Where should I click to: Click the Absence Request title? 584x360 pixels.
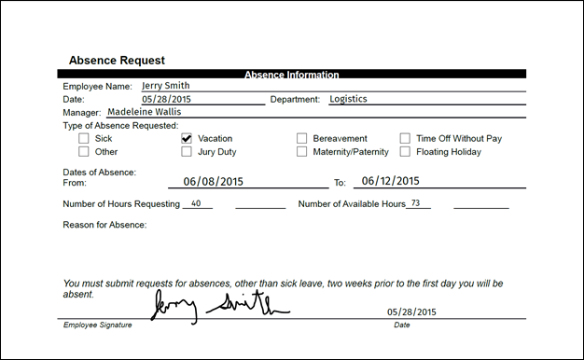pyautogui.click(x=117, y=60)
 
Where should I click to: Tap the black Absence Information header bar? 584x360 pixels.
pyautogui.click(x=291, y=74)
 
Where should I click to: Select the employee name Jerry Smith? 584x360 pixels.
pyautogui.click(x=165, y=86)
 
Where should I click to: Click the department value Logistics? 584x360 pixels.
pyautogui.click(x=347, y=98)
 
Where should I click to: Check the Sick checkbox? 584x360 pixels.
pyautogui.click(x=84, y=138)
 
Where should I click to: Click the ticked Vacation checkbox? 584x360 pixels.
pyautogui.click(x=187, y=138)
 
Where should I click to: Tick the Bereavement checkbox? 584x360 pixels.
pyautogui.click(x=301, y=138)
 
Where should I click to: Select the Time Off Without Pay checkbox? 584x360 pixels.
pyautogui.click(x=405, y=138)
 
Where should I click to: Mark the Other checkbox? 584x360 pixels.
pyautogui.click(x=84, y=151)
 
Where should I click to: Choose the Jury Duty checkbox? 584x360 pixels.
pyautogui.click(x=187, y=151)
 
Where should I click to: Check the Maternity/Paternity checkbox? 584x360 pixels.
pyautogui.click(x=301, y=151)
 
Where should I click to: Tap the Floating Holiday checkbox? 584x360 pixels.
pyautogui.click(x=405, y=151)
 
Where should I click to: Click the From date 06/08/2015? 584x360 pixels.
pyautogui.click(x=215, y=182)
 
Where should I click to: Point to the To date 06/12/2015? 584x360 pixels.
pyautogui.click(x=391, y=182)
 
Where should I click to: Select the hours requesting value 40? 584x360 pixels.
pyautogui.click(x=196, y=203)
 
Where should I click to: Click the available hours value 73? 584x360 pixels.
pyautogui.click(x=416, y=202)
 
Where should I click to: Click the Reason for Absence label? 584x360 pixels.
pyautogui.click(x=104, y=225)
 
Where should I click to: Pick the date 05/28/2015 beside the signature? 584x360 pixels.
pyautogui.click(x=410, y=312)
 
